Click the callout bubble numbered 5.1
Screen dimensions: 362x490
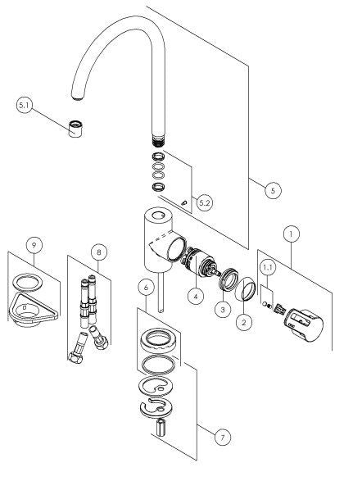pyautogui.click(x=24, y=106)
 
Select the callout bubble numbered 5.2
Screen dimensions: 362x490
pyautogui.click(x=204, y=203)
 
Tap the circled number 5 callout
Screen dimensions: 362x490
pyautogui.click(x=273, y=190)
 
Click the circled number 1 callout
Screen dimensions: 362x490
pyautogui.click(x=291, y=234)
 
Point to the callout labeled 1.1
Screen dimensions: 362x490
pyautogui.click(x=268, y=267)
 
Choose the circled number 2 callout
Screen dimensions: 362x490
pyautogui.click(x=244, y=322)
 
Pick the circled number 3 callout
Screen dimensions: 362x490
pyautogui.click(x=223, y=310)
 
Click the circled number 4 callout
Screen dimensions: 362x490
pyautogui.click(x=196, y=295)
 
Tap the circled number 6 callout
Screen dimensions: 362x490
pyautogui.click(x=146, y=287)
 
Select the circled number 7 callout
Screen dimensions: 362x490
pyautogui.click(x=223, y=438)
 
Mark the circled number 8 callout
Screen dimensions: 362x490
pyautogui.click(x=99, y=252)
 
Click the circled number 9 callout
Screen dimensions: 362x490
pyautogui.click(x=34, y=245)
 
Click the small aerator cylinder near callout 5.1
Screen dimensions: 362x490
pyautogui.click(x=75, y=128)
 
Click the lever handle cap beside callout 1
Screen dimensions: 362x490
pyautogui.click(x=303, y=325)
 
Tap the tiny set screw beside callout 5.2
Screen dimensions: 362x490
pyautogui.click(x=184, y=203)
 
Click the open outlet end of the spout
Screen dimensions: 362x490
pyautogui.click(x=78, y=98)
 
